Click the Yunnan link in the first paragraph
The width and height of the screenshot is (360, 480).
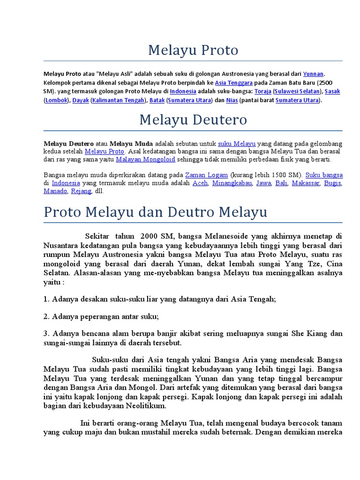click(313, 74)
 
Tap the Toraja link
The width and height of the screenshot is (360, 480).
click(263, 91)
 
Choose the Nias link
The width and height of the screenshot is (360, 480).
click(232, 100)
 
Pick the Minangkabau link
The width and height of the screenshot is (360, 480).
click(232, 183)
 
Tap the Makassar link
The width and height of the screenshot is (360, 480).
click(305, 183)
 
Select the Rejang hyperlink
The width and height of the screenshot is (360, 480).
click(81, 191)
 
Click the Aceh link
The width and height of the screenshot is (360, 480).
click(200, 183)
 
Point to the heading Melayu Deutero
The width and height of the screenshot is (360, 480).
click(193, 120)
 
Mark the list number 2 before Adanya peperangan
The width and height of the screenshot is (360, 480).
click(46, 316)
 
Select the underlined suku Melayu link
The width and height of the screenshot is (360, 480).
click(237, 143)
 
